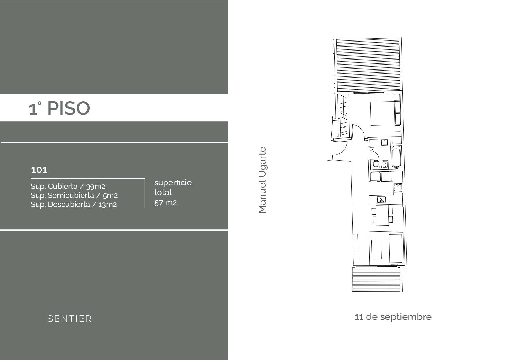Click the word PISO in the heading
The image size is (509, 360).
pyautogui.click(x=68, y=108)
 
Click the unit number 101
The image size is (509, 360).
pyautogui.click(x=39, y=170)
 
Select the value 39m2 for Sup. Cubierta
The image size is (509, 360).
pyautogui.click(x=95, y=187)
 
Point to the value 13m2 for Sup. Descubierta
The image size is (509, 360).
pyautogui.click(x=107, y=205)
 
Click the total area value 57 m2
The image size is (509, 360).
pyautogui.click(x=165, y=202)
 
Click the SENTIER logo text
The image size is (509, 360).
pyautogui.click(x=69, y=319)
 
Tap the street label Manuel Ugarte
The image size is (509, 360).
pyautogui.click(x=262, y=180)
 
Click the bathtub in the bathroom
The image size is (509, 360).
pyautogui.click(x=396, y=158)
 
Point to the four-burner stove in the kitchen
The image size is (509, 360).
pyautogui.click(x=398, y=188)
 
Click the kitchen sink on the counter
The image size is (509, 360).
pyautogui.click(x=381, y=200)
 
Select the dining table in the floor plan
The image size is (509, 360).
pyautogui.click(x=382, y=215)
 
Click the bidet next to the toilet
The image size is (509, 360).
pyautogui.click(x=385, y=164)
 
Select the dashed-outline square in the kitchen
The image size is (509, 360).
pyautogui.click(x=386, y=176)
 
